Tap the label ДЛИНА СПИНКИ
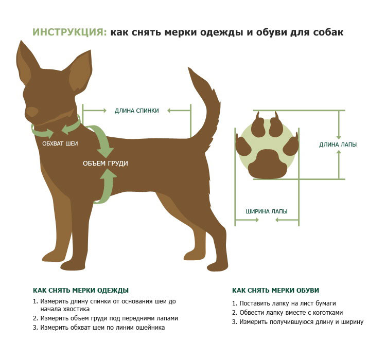tap(136, 111)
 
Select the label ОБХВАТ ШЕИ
tap(60, 143)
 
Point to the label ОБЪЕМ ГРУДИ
tap(106, 164)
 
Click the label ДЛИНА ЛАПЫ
tap(338, 145)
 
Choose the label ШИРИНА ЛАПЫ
tap(267, 211)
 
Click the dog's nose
tap(31, 112)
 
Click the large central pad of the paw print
tap(268, 164)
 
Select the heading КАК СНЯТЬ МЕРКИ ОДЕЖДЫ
tap(81, 291)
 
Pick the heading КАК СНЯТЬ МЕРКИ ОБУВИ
tap(275, 291)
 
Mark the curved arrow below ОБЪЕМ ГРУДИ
tap(107, 187)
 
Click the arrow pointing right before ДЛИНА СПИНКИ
tap(95, 111)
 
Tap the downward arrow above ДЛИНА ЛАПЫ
tap(339, 125)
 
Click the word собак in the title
tap(328, 32)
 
